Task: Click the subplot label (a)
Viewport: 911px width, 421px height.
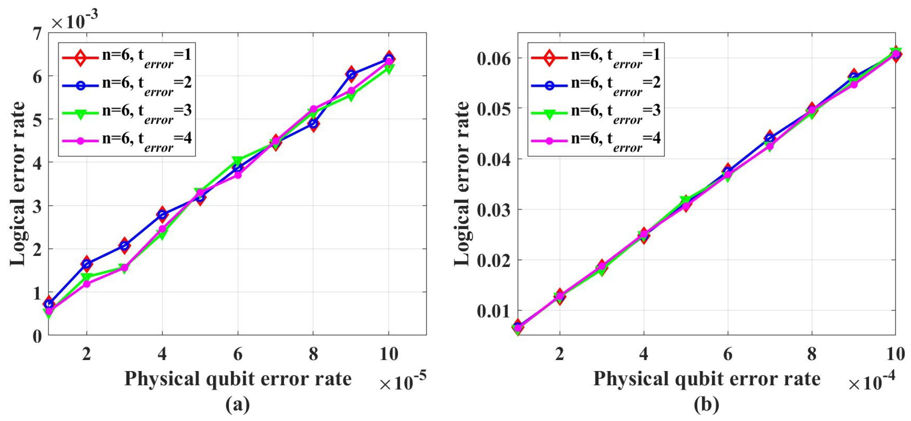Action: click(238, 404)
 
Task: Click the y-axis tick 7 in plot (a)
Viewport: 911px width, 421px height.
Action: click(37, 34)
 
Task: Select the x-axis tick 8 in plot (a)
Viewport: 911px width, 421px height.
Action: click(313, 354)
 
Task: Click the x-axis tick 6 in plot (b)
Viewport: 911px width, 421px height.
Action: click(728, 354)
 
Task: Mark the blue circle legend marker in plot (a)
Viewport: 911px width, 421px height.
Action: click(80, 85)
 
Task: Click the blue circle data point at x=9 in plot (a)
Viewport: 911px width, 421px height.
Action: click(351, 74)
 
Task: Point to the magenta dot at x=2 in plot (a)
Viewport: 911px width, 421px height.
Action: click(86, 283)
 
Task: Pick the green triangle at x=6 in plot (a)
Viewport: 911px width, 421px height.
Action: click(237, 160)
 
